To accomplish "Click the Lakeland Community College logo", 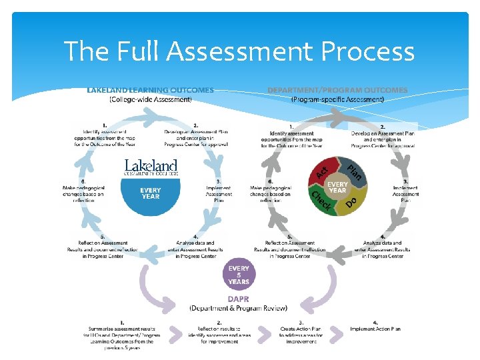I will (151, 167).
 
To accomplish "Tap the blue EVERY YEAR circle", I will (151, 194).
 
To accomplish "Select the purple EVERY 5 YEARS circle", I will (239, 275).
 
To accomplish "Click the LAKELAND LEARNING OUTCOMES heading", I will (151, 90).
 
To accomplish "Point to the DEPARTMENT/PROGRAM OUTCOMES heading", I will (337, 90).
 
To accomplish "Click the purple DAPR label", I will (239, 299).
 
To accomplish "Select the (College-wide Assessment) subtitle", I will (151, 100).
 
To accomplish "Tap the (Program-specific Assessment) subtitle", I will (337, 100).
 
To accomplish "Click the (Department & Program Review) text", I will (239, 308).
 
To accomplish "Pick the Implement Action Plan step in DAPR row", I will (375, 329).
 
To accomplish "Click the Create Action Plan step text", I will (301, 332).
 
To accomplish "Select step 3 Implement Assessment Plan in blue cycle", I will (219, 190).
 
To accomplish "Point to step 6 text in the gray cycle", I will (271, 191).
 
